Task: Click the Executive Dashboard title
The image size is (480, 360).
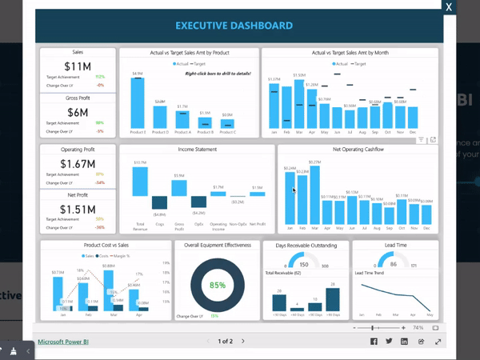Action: tap(246, 26)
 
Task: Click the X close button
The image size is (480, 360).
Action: tap(450, 6)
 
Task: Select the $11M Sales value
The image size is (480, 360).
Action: tap(78, 66)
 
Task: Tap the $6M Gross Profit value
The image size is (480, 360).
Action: tap(78, 112)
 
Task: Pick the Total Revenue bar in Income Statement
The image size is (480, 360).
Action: tap(140, 180)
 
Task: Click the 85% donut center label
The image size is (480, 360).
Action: tap(218, 285)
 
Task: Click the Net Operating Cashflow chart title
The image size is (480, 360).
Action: tap(357, 150)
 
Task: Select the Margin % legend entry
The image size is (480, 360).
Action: tap(119, 255)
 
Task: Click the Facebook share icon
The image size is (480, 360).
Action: tap(374, 342)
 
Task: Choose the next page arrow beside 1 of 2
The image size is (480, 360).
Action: tap(253, 342)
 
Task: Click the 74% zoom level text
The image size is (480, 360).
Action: tap(418, 328)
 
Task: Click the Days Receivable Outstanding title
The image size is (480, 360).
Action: tap(306, 245)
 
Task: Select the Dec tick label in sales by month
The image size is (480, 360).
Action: tap(414, 132)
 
